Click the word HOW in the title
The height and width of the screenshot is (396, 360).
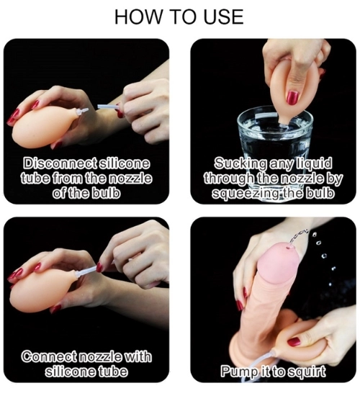(138, 17)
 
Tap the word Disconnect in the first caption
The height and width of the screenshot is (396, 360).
(60, 163)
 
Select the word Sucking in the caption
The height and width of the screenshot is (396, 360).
(240, 163)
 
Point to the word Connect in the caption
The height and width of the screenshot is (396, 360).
(49, 356)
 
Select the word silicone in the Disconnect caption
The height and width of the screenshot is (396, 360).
(124, 163)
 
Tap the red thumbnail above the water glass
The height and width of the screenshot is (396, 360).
(292, 98)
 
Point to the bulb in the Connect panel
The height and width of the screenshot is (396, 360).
(39, 289)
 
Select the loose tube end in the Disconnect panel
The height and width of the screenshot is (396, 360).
(107, 107)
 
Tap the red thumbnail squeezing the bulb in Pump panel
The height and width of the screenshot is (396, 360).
(294, 342)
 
